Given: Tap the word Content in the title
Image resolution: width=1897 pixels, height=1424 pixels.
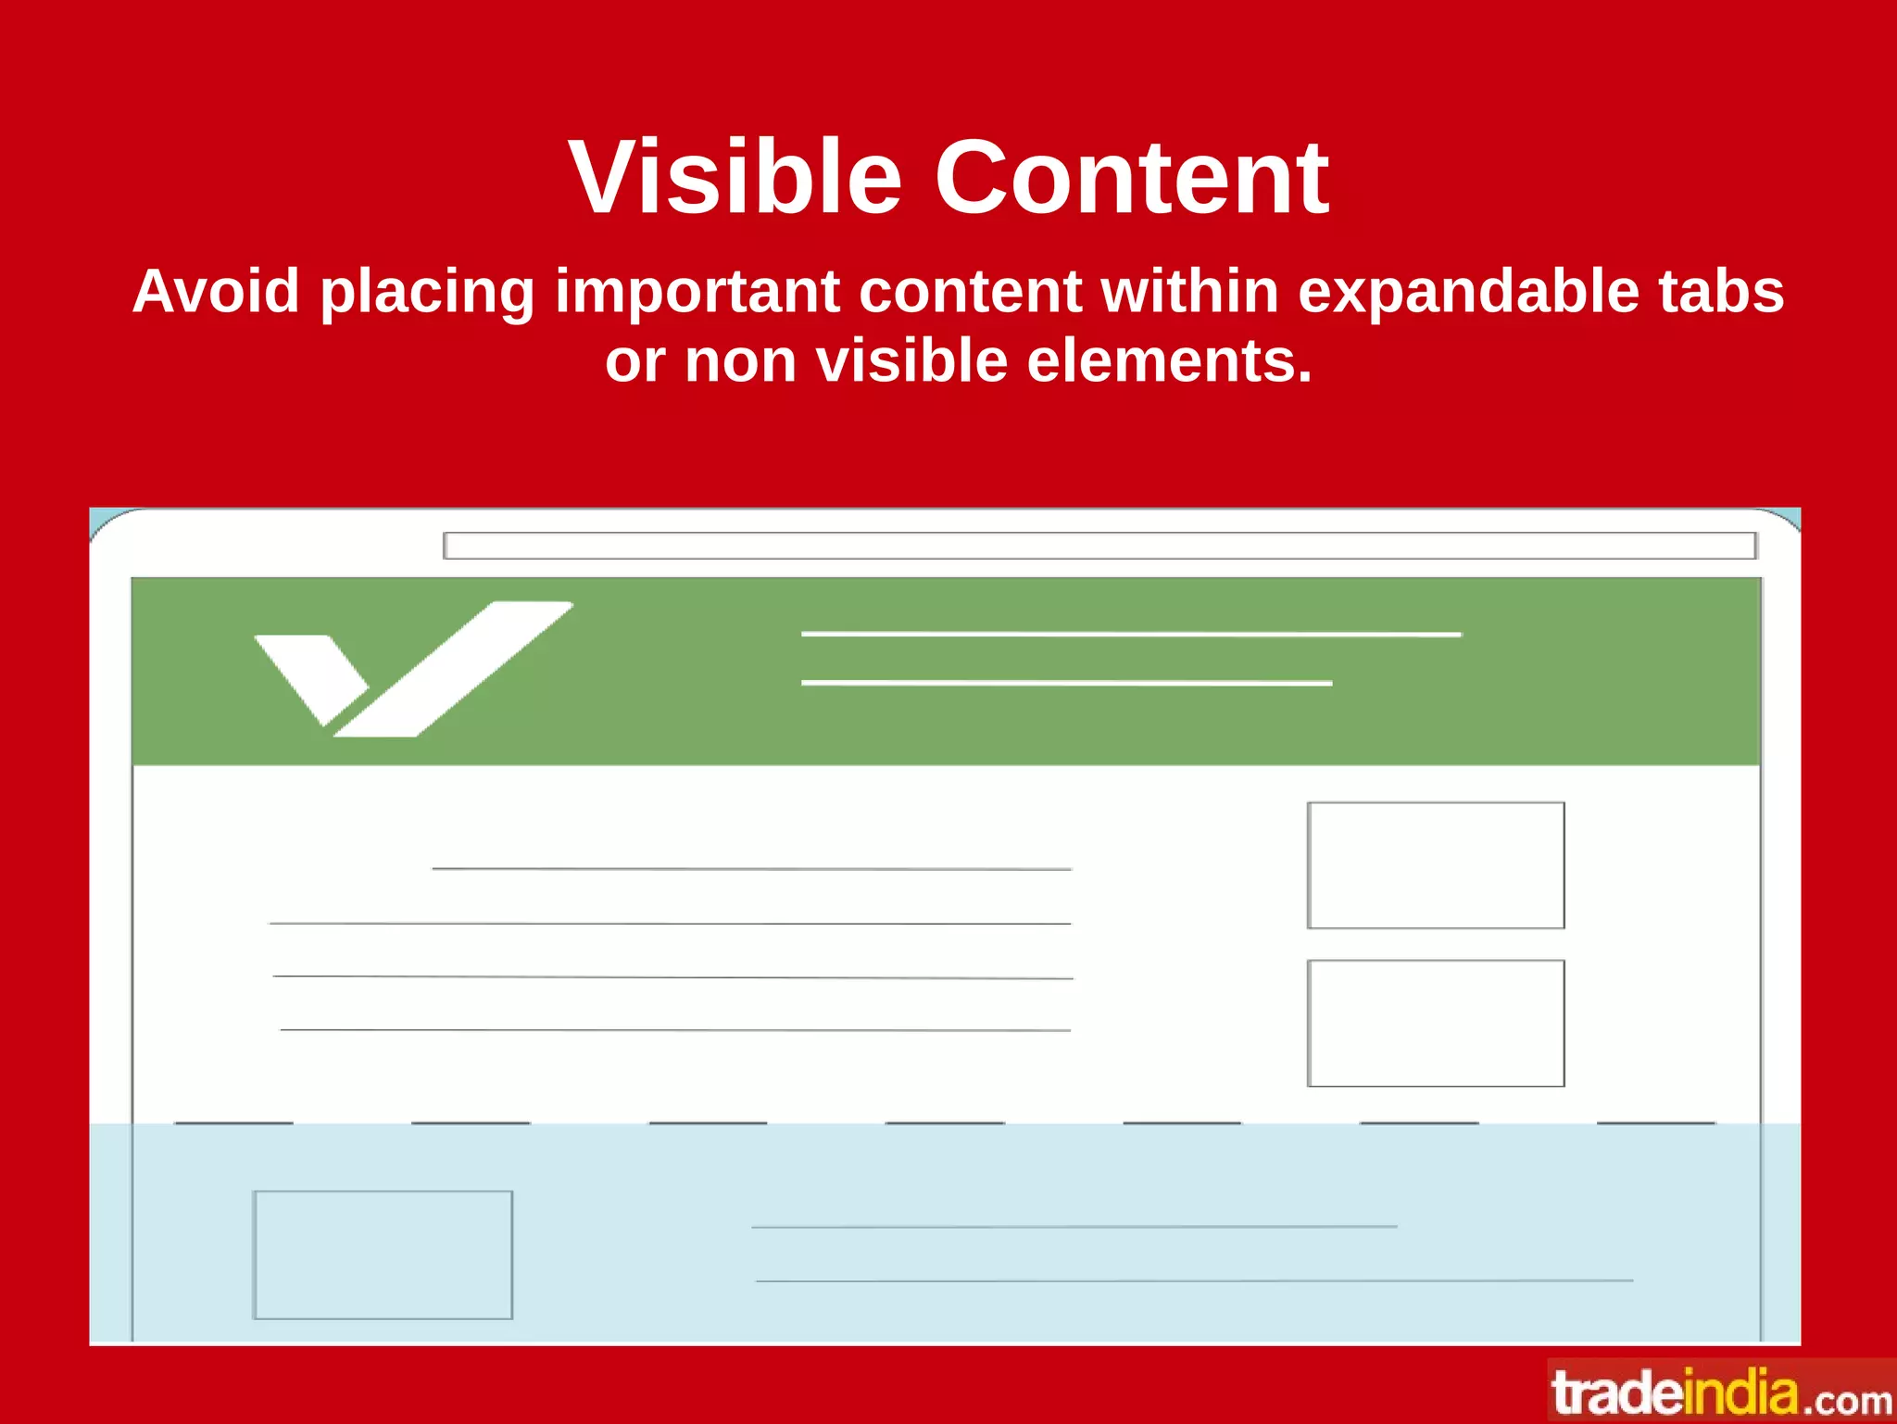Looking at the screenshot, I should click(x=1131, y=177).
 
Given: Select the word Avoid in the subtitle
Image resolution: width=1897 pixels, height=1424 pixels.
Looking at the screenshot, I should click(x=216, y=291).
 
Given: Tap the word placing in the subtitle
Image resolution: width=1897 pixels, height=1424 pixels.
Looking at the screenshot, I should click(x=427, y=291).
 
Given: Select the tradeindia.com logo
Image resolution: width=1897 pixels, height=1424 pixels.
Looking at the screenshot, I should click(x=1721, y=1392).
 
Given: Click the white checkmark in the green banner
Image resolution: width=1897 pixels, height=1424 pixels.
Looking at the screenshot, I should click(x=412, y=669).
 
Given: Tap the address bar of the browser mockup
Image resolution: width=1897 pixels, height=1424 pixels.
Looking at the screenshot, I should click(x=1099, y=546).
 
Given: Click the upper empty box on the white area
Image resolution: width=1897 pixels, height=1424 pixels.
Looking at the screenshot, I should click(x=1436, y=865).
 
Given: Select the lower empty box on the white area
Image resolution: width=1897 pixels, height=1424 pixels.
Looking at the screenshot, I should click(x=1436, y=1023).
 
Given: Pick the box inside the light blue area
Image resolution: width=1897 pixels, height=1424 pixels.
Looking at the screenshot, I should click(x=383, y=1254).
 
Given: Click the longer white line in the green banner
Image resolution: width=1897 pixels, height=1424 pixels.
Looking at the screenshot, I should click(x=1130, y=634).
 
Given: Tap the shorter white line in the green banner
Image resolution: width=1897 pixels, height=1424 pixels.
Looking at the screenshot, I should click(x=1065, y=683).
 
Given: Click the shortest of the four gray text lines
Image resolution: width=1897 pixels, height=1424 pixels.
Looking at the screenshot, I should click(x=751, y=869).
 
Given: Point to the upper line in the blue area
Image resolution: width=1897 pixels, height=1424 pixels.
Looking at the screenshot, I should click(x=1074, y=1227).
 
